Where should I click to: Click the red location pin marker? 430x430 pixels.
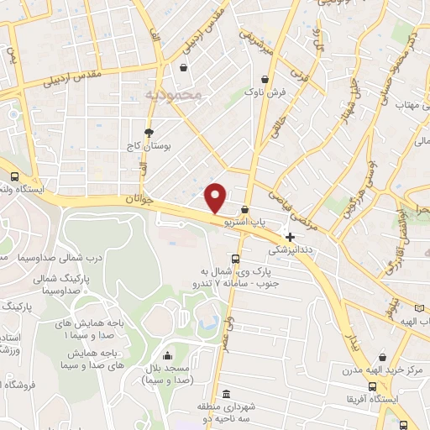point(216,198)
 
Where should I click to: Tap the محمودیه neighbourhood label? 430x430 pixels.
point(175,95)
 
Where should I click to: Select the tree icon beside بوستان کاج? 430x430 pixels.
point(149,132)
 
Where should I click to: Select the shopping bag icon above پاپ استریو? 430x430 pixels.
point(244,210)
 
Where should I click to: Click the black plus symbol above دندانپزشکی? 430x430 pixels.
point(291,238)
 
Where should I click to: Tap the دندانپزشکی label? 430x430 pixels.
point(290,250)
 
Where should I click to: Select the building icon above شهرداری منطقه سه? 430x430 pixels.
point(226,395)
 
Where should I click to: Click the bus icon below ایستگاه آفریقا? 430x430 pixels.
point(403,425)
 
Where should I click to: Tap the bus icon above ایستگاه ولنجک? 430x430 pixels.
point(14,177)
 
